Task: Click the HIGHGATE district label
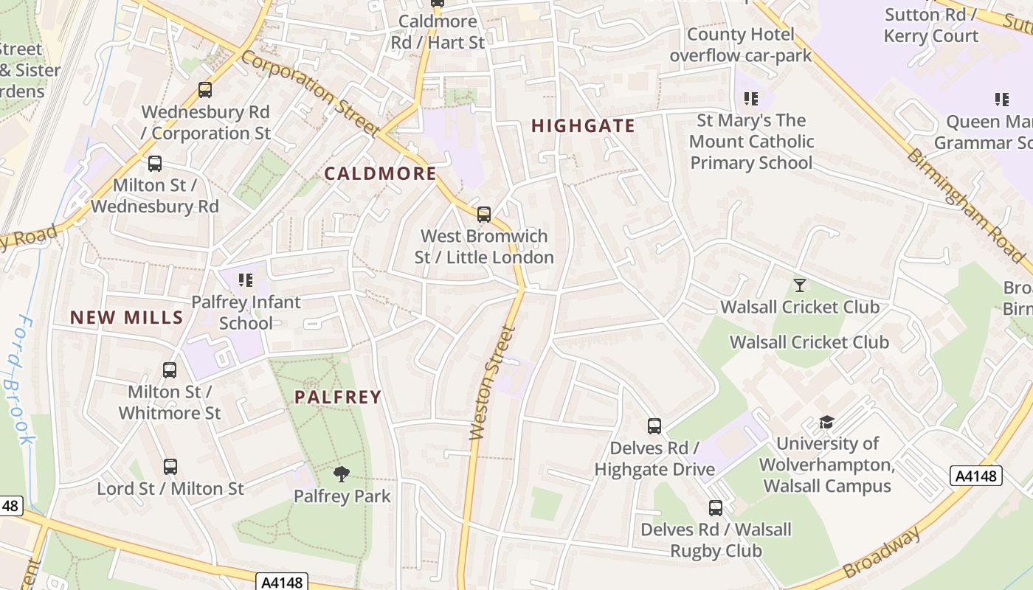click(583, 126)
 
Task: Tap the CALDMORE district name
click(380, 174)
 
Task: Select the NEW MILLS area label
click(126, 318)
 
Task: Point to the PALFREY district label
click(338, 398)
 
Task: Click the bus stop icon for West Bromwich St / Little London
click(484, 215)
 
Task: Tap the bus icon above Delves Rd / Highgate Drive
click(654, 426)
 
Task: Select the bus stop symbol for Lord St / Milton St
click(170, 467)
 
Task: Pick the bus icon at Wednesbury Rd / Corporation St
click(205, 90)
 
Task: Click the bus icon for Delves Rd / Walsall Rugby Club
click(716, 508)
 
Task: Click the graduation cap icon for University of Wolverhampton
click(826, 423)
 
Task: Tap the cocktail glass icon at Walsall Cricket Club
click(799, 285)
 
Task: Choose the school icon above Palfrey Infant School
click(246, 280)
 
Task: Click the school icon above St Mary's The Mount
click(751, 98)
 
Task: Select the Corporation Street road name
click(311, 93)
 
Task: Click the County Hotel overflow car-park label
click(740, 45)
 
